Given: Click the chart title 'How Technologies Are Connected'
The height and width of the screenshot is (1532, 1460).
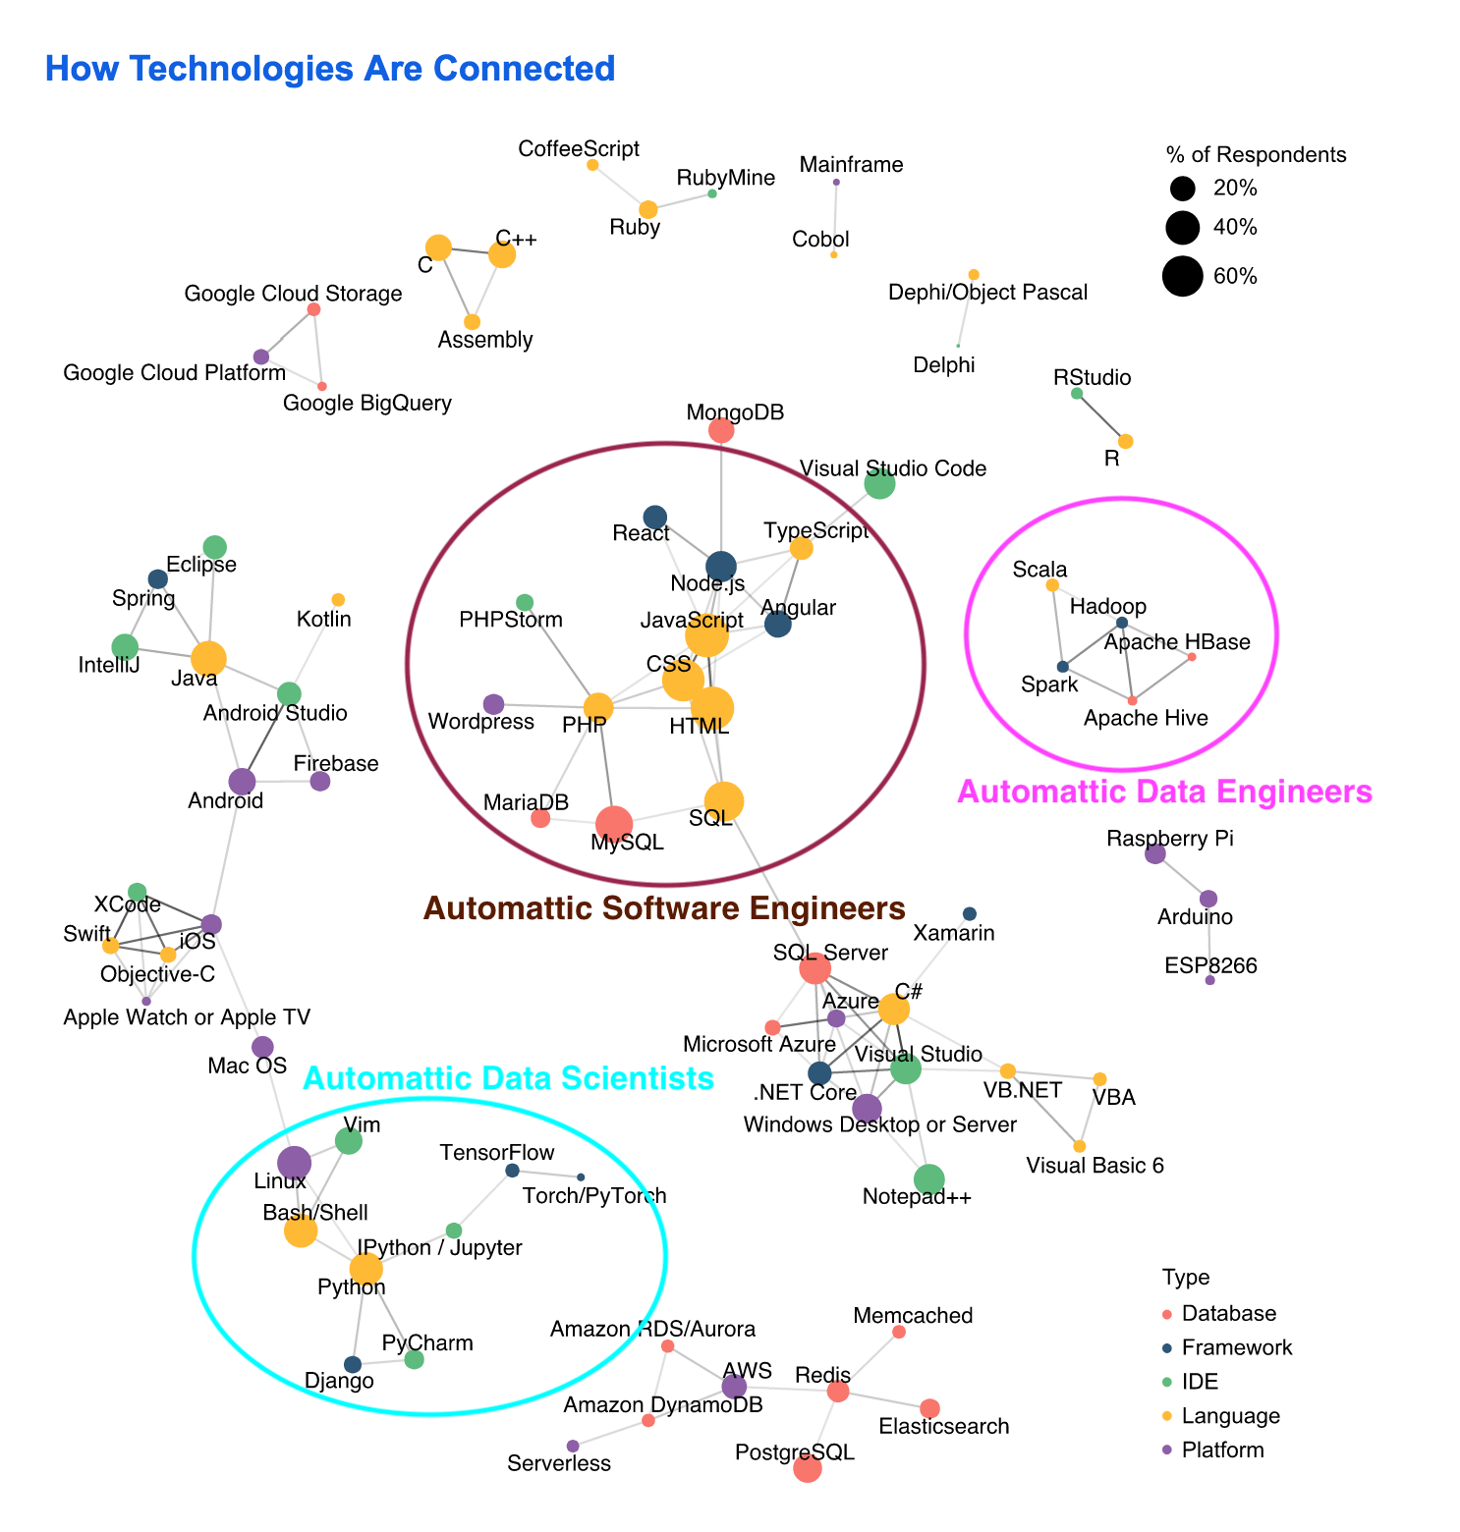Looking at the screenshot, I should tap(330, 69).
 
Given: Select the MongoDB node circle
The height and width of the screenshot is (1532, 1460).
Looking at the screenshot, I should tap(721, 430).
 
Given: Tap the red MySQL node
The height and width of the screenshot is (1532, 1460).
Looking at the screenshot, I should tap(614, 825).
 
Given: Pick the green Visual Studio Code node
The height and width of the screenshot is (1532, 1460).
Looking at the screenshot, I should tap(879, 483).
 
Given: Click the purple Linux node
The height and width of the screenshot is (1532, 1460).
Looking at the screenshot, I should tap(294, 1163).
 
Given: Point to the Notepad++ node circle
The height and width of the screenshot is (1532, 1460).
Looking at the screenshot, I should tap(928, 1179).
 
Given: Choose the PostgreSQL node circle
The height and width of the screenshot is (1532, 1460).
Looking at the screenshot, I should tap(807, 1468).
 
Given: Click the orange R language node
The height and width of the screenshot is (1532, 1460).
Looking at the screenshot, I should tap(1126, 441).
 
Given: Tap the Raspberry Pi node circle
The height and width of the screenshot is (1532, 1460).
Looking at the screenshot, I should tap(1155, 853).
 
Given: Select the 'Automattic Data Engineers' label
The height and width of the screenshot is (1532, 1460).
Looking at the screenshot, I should tap(1164, 792).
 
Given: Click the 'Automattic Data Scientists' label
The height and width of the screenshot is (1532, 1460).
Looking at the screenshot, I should tap(508, 1078).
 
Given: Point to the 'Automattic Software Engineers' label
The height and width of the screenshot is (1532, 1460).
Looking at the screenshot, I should tap(664, 908).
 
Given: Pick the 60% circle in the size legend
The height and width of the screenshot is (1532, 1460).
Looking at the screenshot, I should tap(1183, 276).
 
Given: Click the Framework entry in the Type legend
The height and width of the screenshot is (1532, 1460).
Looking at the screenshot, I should tap(1237, 1347).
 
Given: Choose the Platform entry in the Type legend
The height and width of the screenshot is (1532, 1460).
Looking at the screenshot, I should tap(1222, 1450).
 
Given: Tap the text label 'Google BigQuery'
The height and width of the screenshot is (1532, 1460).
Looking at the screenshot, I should tap(366, 403).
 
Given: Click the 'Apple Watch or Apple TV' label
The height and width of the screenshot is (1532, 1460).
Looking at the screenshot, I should tap(187, 1017).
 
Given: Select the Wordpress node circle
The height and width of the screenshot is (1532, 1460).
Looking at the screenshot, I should tap(494, 704).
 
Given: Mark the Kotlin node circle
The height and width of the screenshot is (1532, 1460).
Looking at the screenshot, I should tap(338, 600).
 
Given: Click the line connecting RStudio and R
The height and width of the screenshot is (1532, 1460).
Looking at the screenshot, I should tap(1101, 417).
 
